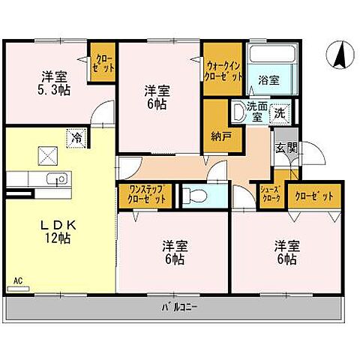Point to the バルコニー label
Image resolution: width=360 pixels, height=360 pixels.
click(178, 307)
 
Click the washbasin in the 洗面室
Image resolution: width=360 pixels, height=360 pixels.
click(238, 112)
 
